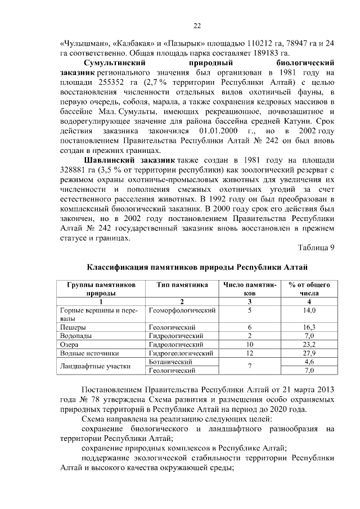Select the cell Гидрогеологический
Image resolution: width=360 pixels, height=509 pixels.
pyautogui.click(x=181, y=353)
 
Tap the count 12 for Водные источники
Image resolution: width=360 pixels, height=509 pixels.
pyautogui.click(x=250, y=353)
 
